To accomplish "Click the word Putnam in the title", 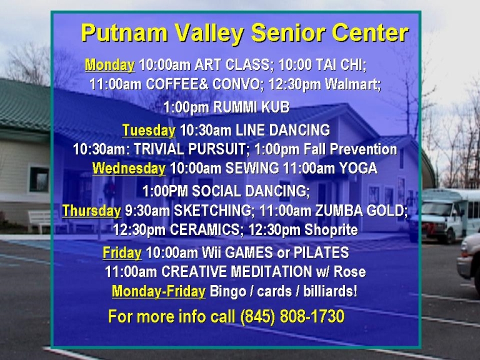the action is tap(124, 33).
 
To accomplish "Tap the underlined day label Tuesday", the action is tap(149, 131).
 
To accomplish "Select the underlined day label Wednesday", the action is tap(129, 168).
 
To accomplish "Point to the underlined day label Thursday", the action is tap(91, 211).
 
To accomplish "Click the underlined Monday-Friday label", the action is tap(159, 291).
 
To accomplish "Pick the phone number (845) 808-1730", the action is tap(292, 316).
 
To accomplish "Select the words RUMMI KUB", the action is tap(251, 107).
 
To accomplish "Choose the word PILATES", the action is tap(321, 252).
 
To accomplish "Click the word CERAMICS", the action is tap(207, 229).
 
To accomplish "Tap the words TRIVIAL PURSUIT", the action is tap(190, 149).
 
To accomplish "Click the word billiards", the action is tap(330, 291).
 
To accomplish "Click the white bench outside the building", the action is tap(39, 221).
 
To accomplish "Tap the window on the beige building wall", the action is tap(39, 179).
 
